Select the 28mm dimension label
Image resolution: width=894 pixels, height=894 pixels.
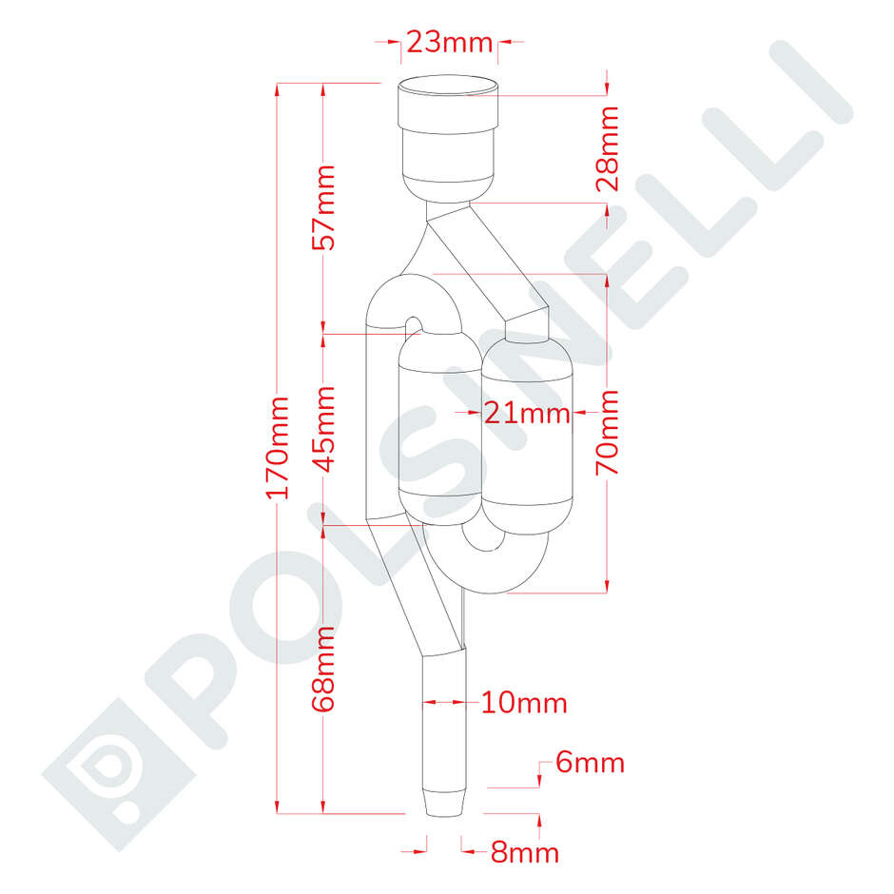(x=608, y=148)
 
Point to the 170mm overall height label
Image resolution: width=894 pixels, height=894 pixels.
(x=277, y=447)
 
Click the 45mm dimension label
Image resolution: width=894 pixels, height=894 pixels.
(x=325, y=428)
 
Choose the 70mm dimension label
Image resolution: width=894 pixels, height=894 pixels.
(x=608, y=433)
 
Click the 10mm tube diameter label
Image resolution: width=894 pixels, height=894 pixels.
(x=524, y=704)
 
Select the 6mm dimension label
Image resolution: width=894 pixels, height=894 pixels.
(x=590, y=763)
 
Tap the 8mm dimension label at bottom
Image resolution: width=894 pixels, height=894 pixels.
(x=524, y=852)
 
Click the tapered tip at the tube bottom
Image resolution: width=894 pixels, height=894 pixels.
(x=445, y=801)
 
